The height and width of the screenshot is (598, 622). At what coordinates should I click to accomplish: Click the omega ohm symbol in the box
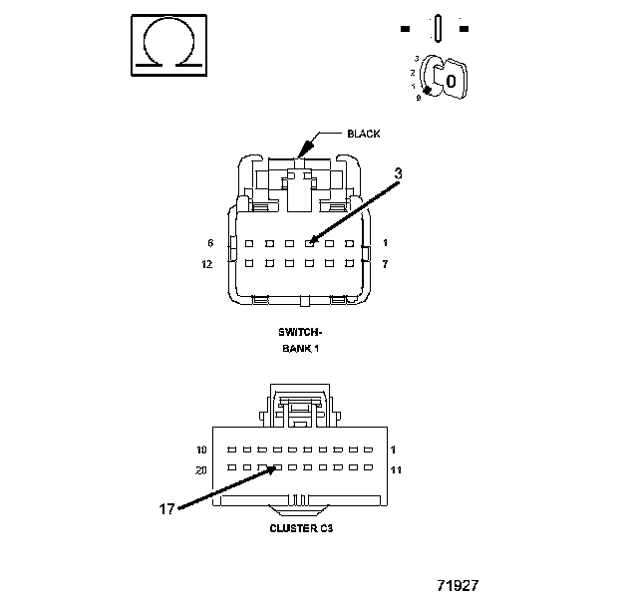tap(167, 45)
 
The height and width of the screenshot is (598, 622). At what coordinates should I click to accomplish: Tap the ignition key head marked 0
tap(451, 79)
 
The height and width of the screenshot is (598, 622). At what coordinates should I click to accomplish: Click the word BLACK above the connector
tap(363, 134)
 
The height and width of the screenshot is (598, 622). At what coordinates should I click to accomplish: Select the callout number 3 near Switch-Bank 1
tap(398, 173)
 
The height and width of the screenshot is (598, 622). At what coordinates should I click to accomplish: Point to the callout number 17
tap(166, 508)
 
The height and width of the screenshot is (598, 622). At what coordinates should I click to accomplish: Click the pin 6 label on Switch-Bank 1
tap(210, 243)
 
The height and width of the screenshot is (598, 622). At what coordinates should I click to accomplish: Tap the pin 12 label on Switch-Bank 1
tap(207, 264)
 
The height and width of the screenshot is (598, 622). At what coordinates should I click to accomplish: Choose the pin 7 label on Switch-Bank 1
tap(385, 264)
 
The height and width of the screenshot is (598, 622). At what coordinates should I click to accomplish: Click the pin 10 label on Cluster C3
tap(202, 449)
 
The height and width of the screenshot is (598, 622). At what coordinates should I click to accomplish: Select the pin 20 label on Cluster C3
tap(201, 468)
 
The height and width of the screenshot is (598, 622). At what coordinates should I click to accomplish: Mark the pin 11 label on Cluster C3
tap(396, 468)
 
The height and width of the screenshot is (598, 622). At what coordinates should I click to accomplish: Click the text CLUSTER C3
tap(301, 528)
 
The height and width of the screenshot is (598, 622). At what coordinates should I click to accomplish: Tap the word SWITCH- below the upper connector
tap(300, 332)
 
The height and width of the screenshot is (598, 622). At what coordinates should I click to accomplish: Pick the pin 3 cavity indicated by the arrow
tap(309, 242)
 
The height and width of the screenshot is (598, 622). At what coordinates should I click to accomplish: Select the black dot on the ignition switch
tap(428, 91)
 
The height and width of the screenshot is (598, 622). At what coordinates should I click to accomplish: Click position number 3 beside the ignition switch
tap(416, 60)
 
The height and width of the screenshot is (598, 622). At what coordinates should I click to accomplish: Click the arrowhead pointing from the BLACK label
tap(301, 151)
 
